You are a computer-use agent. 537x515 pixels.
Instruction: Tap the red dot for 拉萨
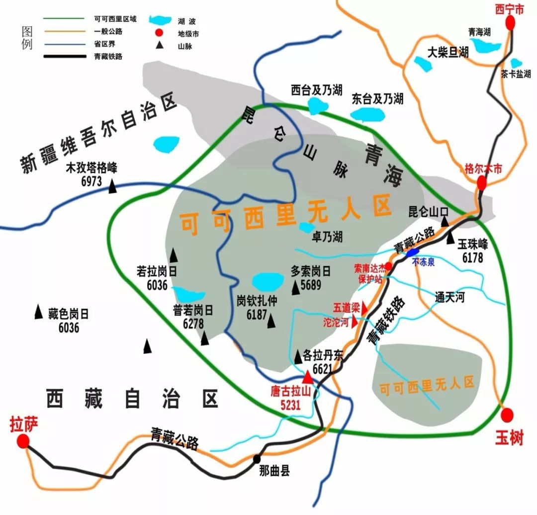coord(22,441)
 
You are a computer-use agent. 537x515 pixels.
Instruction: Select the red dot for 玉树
coord(508,415)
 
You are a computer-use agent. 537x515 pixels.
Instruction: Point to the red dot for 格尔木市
coord(481,183)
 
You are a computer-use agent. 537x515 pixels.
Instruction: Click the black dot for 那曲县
coord(257,459)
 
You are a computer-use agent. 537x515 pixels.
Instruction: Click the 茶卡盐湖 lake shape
coord(517,63)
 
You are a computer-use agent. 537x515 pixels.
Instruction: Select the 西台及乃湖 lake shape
coord(317,105)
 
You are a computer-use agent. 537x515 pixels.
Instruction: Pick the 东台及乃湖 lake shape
coord(368,115)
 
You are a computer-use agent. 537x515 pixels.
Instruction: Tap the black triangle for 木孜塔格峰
coord(113,186)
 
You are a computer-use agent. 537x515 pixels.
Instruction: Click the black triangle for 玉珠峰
coord(450,239)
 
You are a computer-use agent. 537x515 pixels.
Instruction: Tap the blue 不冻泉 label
coord(423,262)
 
